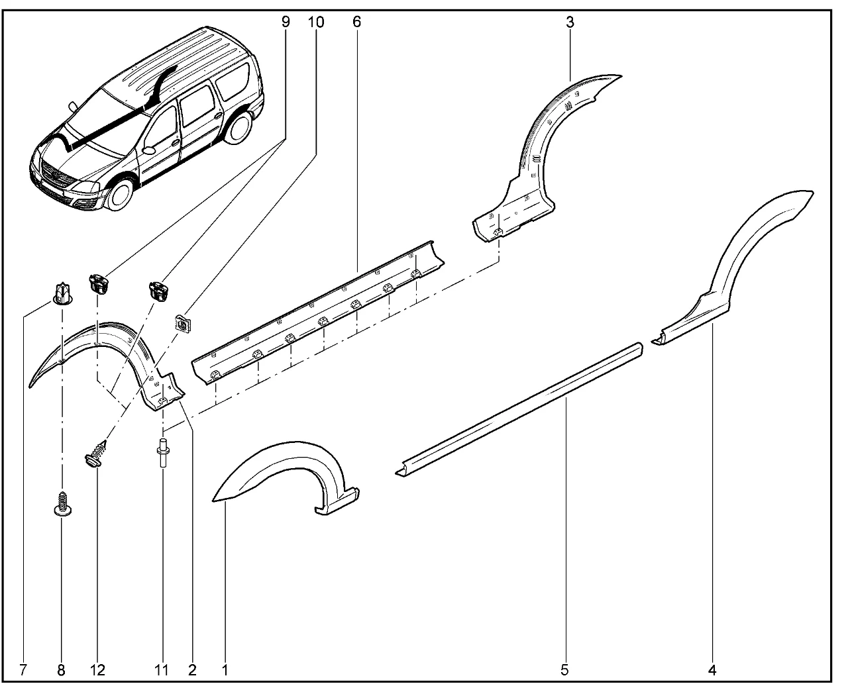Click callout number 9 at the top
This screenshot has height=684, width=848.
(x=286, y=22)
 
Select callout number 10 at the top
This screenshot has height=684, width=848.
(x=316, y=22)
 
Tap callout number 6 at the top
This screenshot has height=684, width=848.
(x=356, y=22)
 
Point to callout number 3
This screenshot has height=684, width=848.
(x=570, y=23)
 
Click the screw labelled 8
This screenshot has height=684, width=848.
(x=62, y=504)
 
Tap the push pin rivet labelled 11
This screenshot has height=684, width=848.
(x=163, y=452)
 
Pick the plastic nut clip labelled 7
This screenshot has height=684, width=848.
(x=62, y=294)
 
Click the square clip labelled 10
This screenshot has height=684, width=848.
(x=183, y=323)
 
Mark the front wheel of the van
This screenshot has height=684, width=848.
(x=121, y=195)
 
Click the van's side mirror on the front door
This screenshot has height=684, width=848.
(x=149, y=150)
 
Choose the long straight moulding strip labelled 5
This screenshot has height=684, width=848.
(x=519, y=409)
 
